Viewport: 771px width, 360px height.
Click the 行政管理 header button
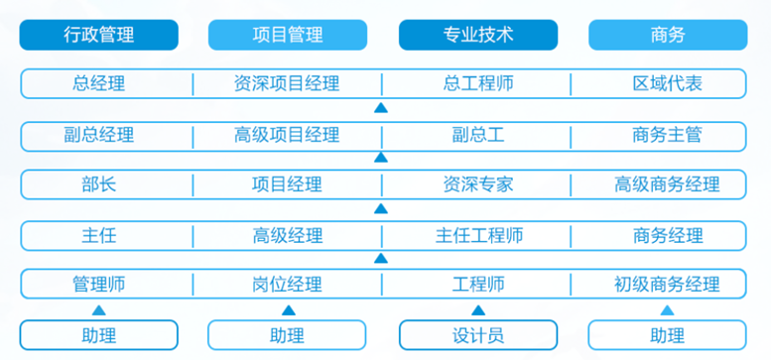99,35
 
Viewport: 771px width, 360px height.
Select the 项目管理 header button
288,35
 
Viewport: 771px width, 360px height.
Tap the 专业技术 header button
478,35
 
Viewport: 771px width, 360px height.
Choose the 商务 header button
668,35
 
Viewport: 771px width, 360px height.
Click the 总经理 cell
99,83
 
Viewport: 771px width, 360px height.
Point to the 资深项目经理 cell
287,83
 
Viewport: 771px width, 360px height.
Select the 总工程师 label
478,83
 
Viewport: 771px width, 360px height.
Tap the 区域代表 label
667,83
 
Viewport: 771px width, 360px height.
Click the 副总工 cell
478,135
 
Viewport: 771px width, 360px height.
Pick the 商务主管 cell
667,135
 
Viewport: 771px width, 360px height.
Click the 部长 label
99,184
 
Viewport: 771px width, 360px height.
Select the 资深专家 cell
478,184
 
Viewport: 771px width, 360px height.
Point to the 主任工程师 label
479,236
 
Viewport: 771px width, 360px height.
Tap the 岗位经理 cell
287,284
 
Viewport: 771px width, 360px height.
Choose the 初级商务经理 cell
667,284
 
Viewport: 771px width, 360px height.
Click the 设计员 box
478,335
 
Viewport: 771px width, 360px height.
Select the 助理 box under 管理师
99,335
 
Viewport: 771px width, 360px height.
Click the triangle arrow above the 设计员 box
478,310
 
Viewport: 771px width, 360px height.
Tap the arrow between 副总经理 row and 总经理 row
381,107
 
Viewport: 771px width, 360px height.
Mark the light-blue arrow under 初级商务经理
667,310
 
